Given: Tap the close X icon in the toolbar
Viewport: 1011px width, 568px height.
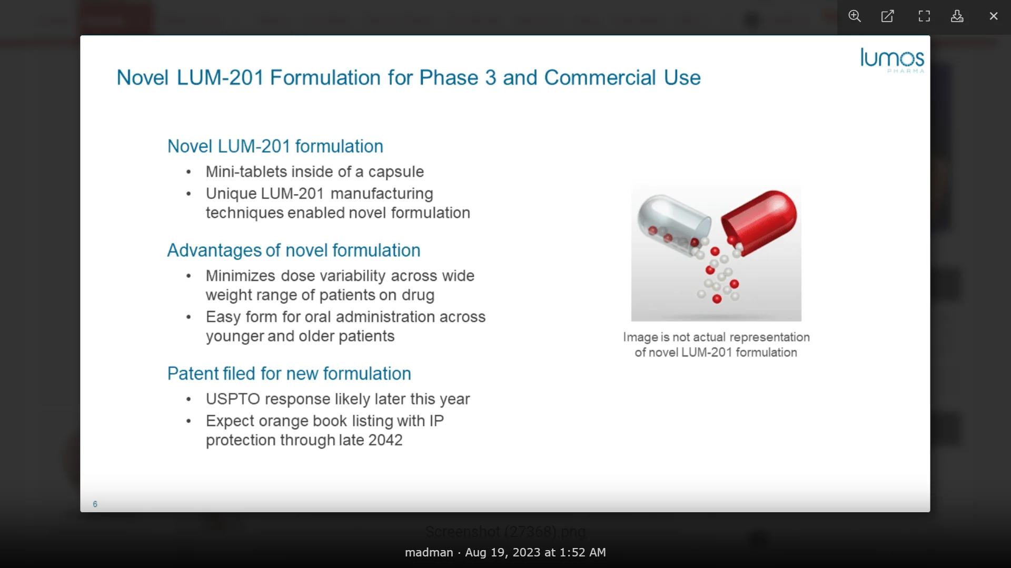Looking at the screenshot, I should point(994,16).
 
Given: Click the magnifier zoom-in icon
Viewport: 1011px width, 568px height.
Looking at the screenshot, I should point(855,16).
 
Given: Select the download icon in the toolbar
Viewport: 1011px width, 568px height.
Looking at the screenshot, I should point(957,16).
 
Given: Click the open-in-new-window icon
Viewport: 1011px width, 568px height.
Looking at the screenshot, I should point(888,16).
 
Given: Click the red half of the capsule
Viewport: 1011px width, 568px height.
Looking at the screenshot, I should point(760,221).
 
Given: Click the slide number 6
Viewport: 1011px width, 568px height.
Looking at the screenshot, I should point(95,504).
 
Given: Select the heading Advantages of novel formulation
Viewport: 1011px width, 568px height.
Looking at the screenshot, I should point(293,250).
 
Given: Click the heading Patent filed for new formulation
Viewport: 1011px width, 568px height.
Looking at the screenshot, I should point(289,373).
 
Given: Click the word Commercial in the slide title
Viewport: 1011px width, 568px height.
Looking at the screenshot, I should point(600,78).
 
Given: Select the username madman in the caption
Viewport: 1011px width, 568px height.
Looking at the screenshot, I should point(429,553).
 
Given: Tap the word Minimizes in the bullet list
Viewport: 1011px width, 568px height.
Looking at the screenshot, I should point(240,276).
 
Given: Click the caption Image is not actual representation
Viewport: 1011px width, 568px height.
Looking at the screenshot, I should point(716,338).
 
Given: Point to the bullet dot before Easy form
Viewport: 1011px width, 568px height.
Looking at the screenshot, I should point(189,317).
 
